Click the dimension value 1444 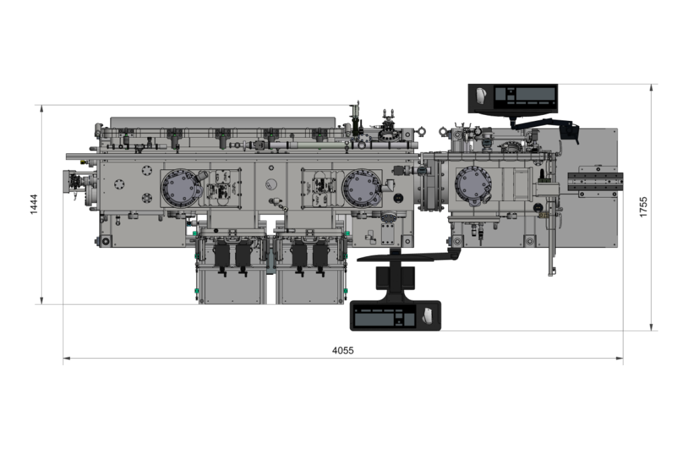tap(34, 204)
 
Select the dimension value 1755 tap(643, 207)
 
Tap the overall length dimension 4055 tap(343, 350)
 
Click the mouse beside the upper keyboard tap(480, 95)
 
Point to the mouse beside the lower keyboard tap(426, 315)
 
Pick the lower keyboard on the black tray tap(384, 317)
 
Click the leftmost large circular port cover tap(180, 188)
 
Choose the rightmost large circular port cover tap(473, 187)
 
